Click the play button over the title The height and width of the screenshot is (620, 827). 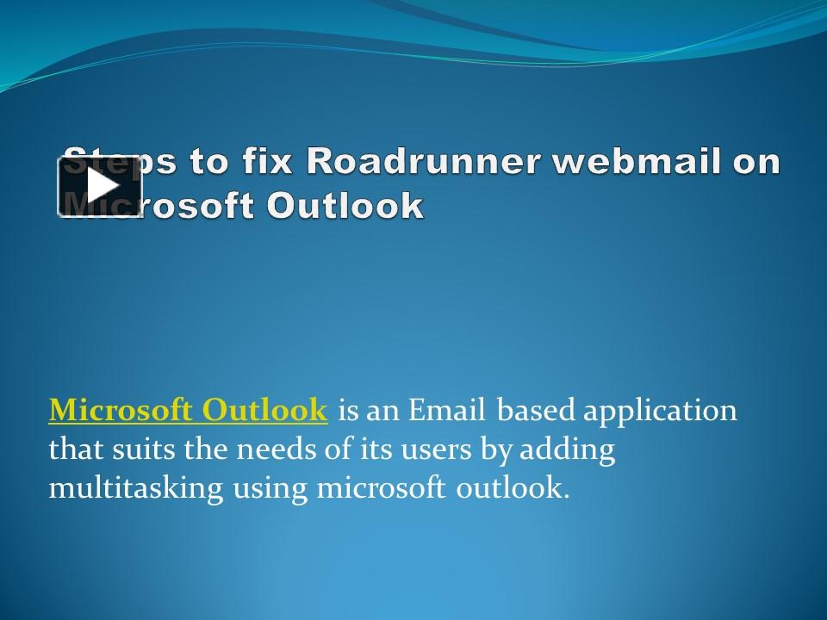[100, 187]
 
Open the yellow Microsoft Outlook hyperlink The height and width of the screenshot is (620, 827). [188, 411]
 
